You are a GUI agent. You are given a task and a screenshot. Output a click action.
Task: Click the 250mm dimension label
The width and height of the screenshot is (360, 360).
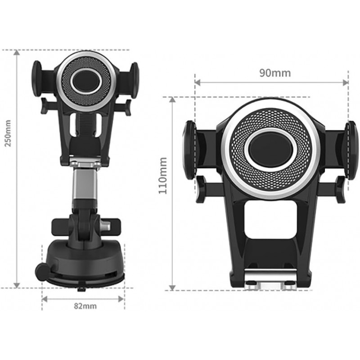tap(8, 133)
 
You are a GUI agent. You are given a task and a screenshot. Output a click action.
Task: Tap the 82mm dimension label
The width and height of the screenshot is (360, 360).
tap(85, 306)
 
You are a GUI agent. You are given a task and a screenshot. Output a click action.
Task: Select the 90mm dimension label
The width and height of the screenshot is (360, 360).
tap(275, 73)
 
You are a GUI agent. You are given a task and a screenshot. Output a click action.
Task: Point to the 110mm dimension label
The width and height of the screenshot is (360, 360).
tap(163, 175)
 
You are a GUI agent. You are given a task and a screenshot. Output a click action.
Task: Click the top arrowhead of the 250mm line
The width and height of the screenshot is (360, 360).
tap(17, 53)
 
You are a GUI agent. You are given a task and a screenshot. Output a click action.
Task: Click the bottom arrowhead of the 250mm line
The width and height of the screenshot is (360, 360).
tap(17, 285)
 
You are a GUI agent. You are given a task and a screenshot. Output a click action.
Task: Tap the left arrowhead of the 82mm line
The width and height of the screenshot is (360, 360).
tap(45, 299)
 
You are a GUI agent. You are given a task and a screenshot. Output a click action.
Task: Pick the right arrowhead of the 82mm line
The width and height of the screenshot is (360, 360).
tap(121, 299)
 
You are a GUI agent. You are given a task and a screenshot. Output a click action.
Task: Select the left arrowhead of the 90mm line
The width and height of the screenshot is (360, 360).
tap(198, 82)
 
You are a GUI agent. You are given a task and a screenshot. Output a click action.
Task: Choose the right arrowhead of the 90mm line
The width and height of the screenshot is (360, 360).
tap(346, 82)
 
